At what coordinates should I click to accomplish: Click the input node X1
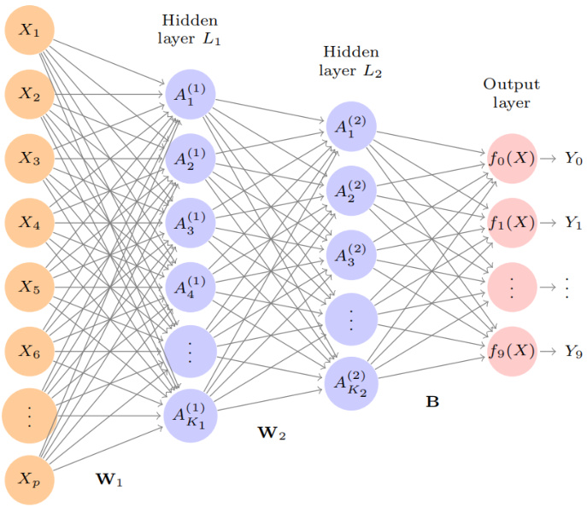click(30, 32)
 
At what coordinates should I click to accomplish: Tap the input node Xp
click(30, 479)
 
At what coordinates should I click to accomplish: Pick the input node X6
click(30, 351)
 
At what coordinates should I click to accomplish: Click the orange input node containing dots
click(30, 415)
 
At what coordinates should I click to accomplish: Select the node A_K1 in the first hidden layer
click(189, 415)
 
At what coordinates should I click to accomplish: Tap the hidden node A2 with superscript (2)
click(350, 190)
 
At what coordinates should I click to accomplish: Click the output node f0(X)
click(512, 159)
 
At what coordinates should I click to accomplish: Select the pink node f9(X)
click(512, 351)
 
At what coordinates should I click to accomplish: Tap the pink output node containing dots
click(512, 287)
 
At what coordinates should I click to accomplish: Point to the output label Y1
click(572, 223)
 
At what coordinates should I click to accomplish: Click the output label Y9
click(572, 351)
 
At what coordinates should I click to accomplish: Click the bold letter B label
click(432, 400)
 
